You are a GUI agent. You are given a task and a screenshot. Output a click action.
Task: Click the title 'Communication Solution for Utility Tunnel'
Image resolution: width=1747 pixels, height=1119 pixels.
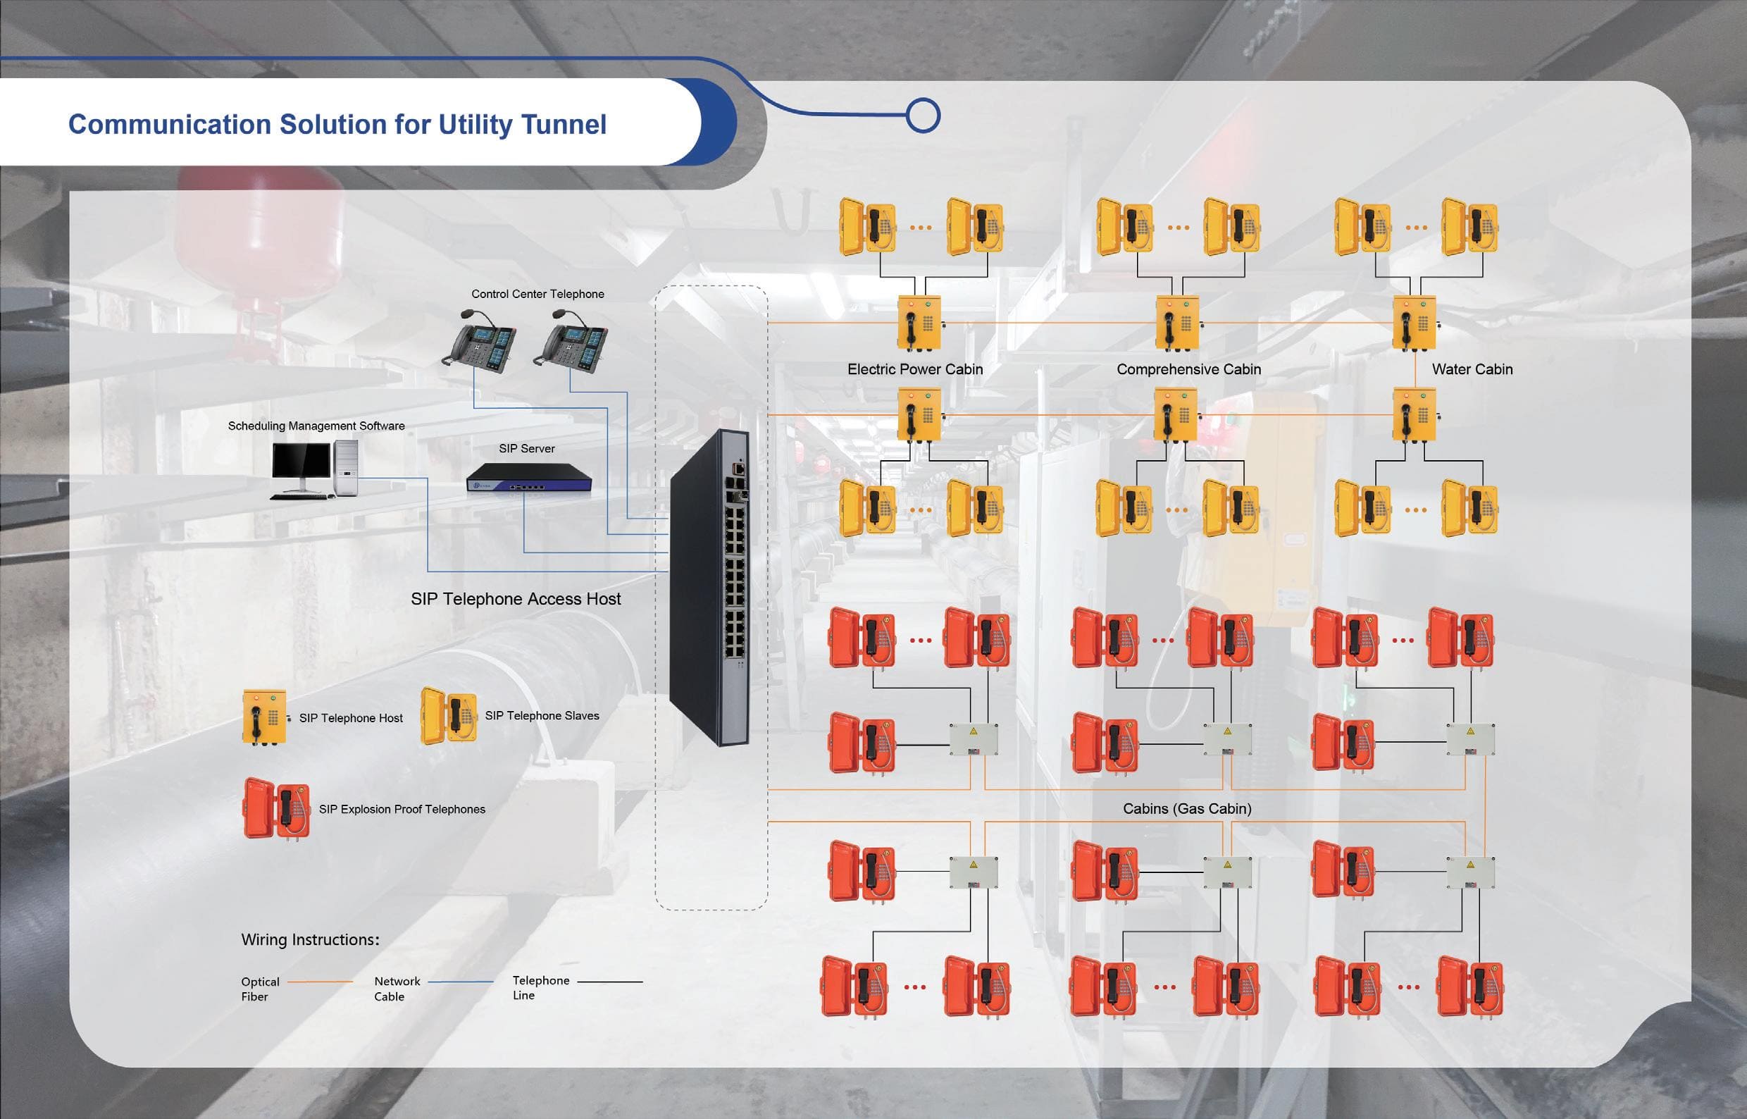pyautogui.click(x=337, y=125)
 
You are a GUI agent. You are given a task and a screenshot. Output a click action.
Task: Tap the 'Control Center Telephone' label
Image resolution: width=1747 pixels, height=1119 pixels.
pyautogui.click(x=537, y=295)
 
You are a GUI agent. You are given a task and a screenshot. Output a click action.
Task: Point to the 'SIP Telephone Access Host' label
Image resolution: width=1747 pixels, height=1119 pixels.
pyautogui.click(x=516, y=599)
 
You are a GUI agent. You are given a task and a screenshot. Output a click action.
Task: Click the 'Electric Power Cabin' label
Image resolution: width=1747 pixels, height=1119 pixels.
pyautogui.click(x=914, y=369)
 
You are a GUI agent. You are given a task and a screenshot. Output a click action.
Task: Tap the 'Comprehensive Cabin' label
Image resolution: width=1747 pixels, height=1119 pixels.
pyautogui.click(x=1188, y=369)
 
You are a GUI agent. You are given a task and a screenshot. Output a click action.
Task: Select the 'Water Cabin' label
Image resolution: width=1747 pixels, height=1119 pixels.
pyautogui.click(x=1472, y=369)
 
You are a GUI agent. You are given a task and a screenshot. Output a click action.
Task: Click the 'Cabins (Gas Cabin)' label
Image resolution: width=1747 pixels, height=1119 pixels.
pyautogui.click(x=1187, y=809)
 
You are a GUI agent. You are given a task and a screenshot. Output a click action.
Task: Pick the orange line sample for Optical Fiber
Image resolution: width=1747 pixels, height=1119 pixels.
pyautogui.click(x=321, y=982)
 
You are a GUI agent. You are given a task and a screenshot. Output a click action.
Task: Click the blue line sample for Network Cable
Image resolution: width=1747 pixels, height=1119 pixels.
pyautogui.click(x=461, y=982)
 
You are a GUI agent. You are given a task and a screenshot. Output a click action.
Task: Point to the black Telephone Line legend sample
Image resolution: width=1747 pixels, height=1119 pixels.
pyautogui.click(x=610, y=982)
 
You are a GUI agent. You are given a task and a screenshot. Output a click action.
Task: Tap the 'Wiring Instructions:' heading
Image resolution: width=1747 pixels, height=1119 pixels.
pyautogui.click(x=310, y=939)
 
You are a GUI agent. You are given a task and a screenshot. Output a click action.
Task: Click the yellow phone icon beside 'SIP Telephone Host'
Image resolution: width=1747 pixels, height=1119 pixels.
pyautogui.click(x=264, y=718)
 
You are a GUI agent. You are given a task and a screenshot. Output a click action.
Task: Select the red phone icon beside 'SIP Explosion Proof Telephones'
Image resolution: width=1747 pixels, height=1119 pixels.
pyautogui.click(x=276, y=809)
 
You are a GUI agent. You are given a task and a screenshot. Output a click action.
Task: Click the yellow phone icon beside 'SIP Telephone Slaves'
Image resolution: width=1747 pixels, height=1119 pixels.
pyautogui.click(x=448, y=716)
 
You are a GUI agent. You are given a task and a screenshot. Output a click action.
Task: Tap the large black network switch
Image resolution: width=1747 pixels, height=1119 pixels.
pyautogui.click(x=709, y=587)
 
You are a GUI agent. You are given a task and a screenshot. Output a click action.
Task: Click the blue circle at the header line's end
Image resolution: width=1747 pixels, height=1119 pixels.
pyautogui.click(x=924, y=116)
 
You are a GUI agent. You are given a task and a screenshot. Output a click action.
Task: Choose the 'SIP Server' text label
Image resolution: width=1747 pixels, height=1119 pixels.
pyautogui.click(x=527, y=449)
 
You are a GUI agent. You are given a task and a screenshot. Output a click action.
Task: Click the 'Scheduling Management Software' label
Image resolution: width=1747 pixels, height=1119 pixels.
pyautogui.click(x=316, y=426)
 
